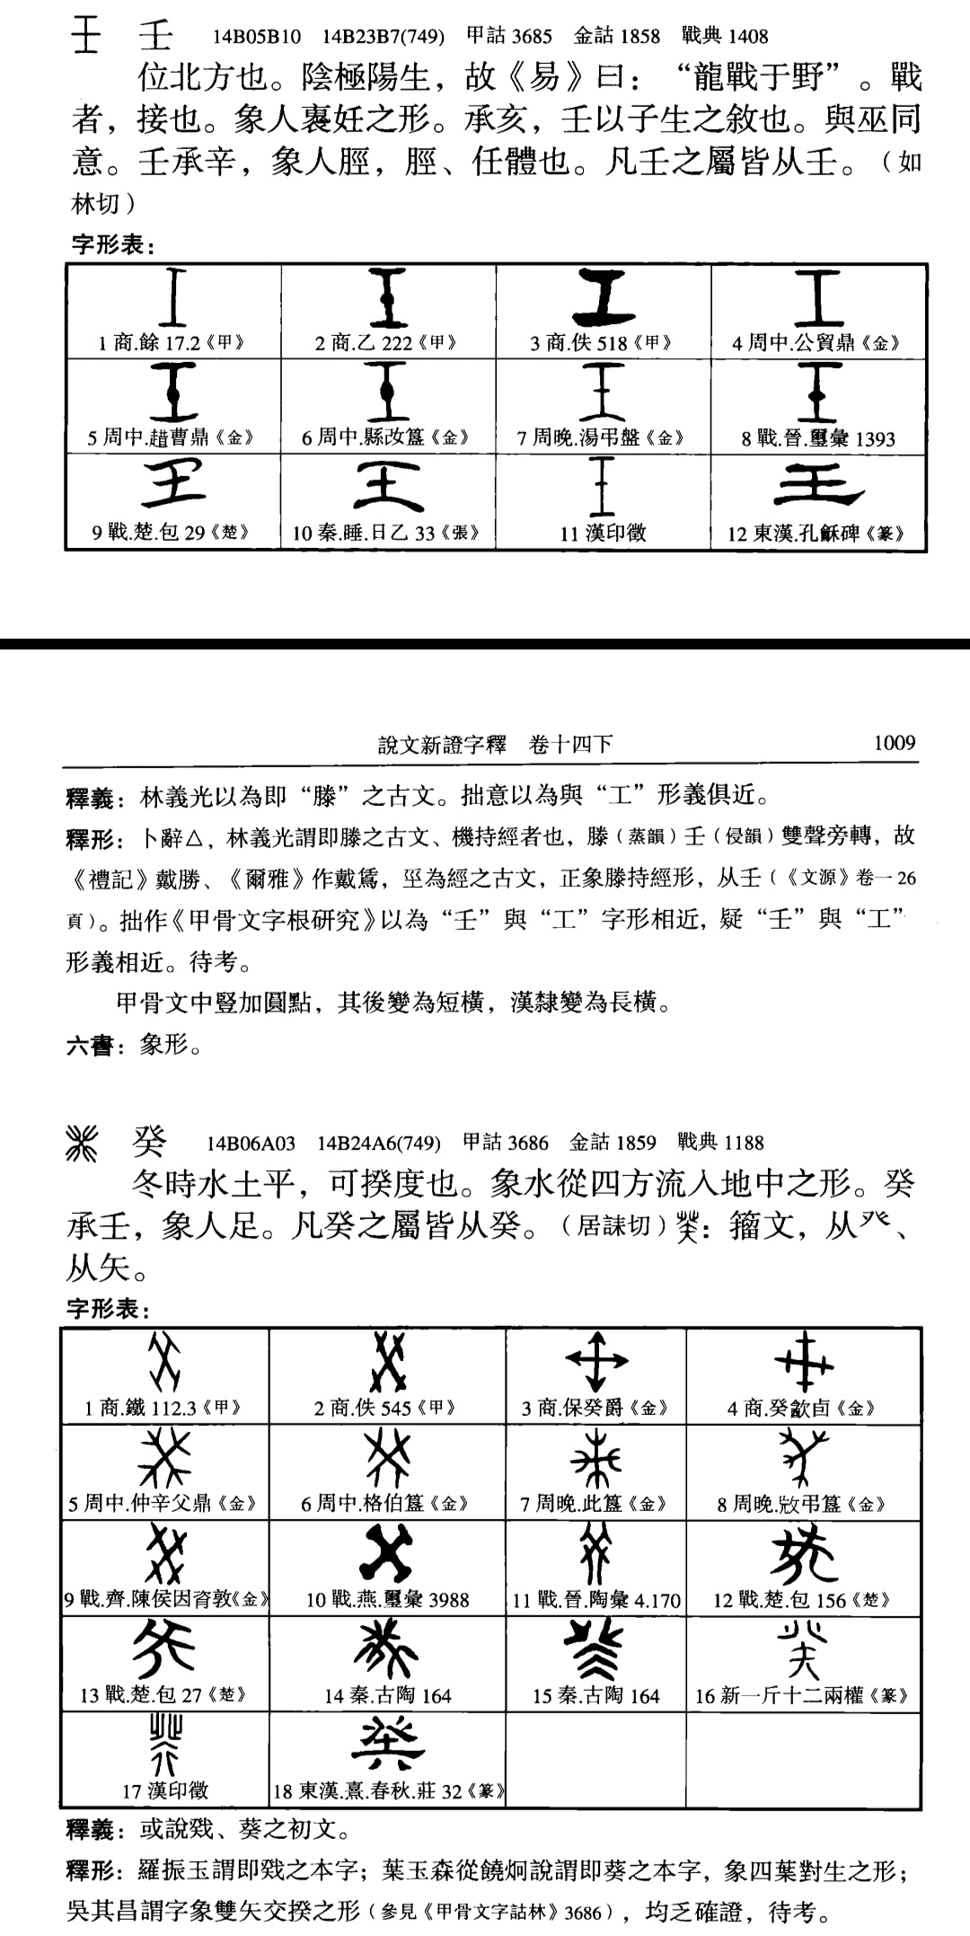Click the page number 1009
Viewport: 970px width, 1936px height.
tap(894, 743)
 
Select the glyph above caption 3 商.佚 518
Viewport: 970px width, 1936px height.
tap(604, 300)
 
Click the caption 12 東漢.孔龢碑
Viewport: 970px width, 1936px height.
tap(816, 534)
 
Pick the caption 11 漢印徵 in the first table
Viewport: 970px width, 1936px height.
tap(603, 534)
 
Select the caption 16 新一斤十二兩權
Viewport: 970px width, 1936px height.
tap(803, 1696)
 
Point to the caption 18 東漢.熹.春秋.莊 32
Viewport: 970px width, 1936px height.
tap(388, 1791)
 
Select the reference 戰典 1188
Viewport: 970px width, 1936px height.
tap(720, 1143)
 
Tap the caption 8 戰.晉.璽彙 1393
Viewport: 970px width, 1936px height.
tap(817, 438)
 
